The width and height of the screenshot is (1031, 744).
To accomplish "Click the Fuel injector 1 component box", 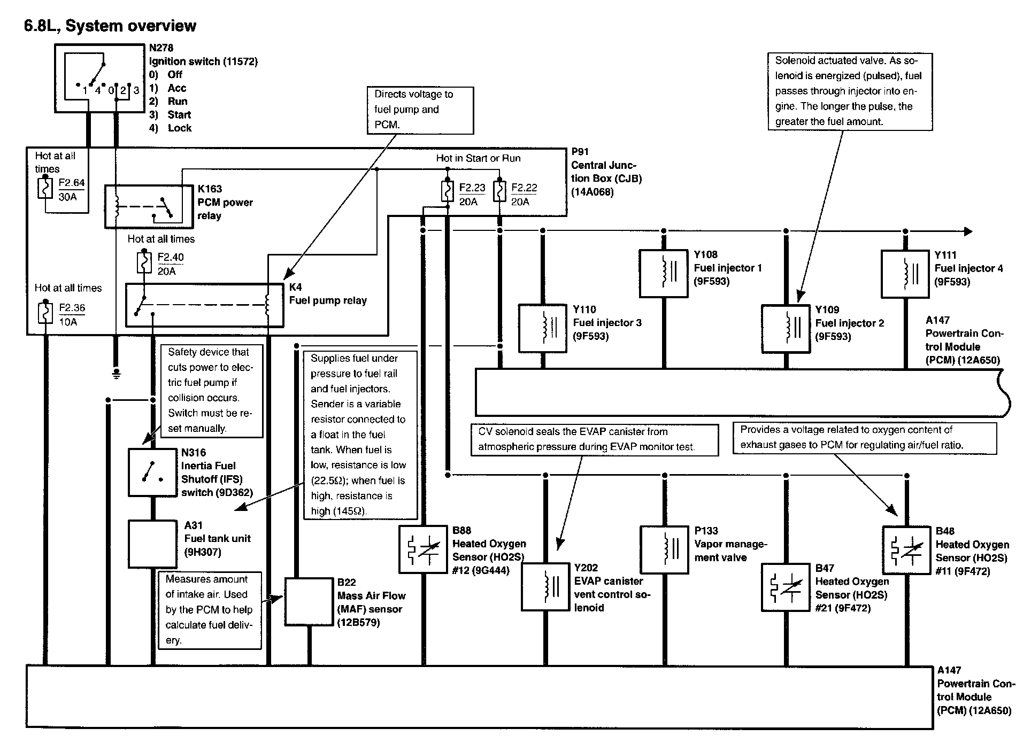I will click(x=664, y=273).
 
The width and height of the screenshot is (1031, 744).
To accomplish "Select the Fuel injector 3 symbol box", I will click(x=543, y=328).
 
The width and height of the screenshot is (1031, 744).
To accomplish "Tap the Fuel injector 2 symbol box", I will click(x=786, y=329).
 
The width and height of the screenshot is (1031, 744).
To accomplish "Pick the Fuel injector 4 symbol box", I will click(x=905, y=274).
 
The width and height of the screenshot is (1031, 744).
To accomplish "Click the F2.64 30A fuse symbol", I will click(x=45, y=188).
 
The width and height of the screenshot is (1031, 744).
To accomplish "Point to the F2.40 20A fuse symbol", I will click(x=144, y=262).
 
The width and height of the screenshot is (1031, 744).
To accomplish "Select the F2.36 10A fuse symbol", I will click(x=45, y=313).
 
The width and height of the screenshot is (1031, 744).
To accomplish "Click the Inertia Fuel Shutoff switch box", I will click(x=152, y=472).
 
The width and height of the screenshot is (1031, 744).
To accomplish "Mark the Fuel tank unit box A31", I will click(x=152, y=544).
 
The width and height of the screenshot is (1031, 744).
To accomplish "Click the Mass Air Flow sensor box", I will click(x=309, y=601).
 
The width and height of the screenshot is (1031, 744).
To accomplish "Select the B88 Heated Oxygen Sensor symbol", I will click(x=423, y=549).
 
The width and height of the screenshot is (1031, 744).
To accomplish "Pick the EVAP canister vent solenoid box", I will click(x=545, y=586).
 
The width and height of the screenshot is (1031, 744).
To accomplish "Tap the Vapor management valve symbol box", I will click(x=664, y=550).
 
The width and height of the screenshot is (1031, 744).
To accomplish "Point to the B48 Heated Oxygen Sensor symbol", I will click(x=906, y=550).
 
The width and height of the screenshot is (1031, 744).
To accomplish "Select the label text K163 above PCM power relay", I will click(x=210, y=189).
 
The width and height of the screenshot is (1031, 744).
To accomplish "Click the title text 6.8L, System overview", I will click(x=110, y=26).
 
